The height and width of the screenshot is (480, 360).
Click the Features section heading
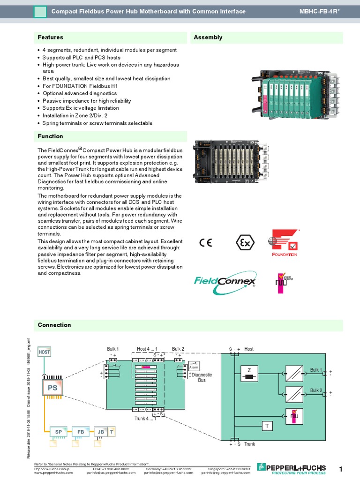pos(51,37)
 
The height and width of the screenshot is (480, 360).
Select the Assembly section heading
pos(208,37)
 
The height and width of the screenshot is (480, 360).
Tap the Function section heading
pos(51,136)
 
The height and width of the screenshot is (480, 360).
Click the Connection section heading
pos(54,325)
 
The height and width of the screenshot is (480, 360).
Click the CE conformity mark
pos(205,242)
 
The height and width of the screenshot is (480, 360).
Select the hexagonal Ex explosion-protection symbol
pos(245,243)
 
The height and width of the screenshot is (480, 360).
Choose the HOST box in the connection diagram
pos(45,352)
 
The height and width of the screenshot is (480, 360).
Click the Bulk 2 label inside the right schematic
pos(316,390)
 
